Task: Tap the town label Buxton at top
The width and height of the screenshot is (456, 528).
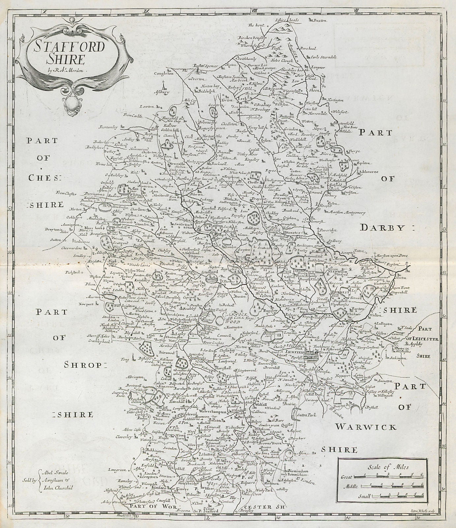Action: (319, 20)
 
